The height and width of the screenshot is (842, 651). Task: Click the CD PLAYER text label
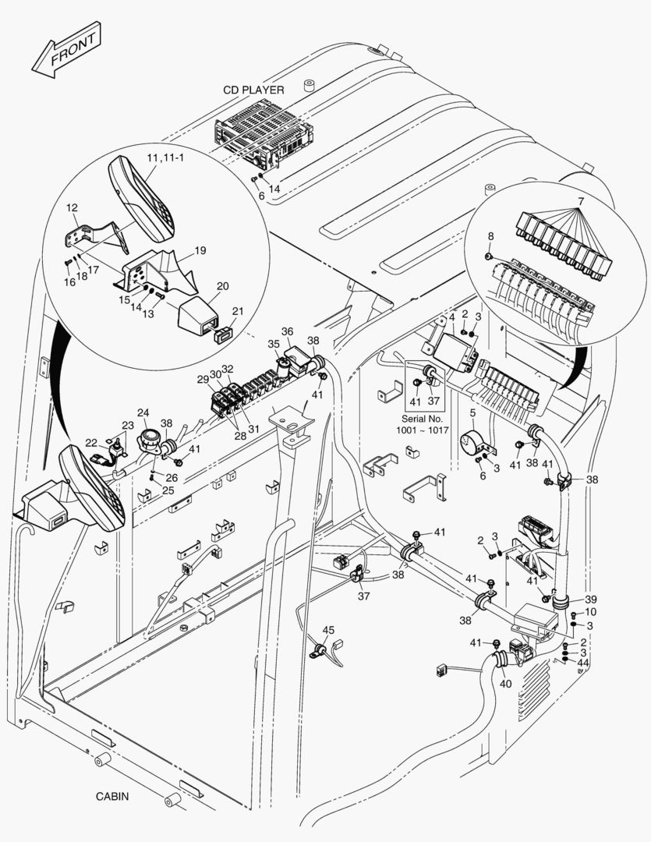pos(253,90)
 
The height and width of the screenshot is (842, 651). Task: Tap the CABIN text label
pos(112,796)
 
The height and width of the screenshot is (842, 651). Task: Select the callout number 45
pos(328,630)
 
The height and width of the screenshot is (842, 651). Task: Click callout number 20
pos(222,286)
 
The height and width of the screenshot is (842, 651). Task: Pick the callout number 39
pos(591,599)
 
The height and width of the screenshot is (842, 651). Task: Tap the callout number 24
pos(143,412)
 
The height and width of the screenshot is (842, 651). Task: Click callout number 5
pos(472,412)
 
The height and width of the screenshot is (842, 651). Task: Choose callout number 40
pos(504,684)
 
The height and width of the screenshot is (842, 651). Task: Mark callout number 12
pos(72,208)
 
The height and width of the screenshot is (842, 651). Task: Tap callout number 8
pos(490,235)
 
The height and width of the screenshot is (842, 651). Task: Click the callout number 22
pos(91,443)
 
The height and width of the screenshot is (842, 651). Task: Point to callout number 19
pos(200,251)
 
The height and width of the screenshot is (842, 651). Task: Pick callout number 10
pos(590,612)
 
